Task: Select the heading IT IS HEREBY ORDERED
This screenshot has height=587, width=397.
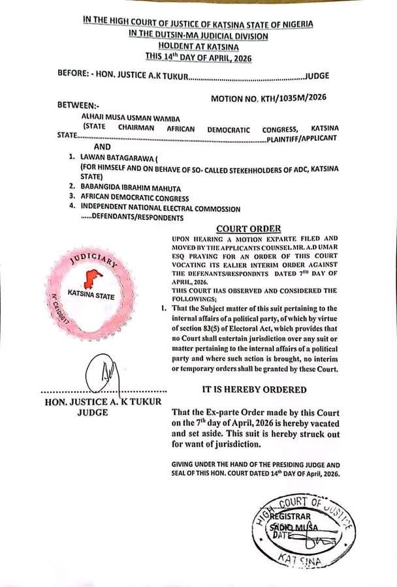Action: click(253, 389)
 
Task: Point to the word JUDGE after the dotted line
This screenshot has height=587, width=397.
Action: click(317, 76)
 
